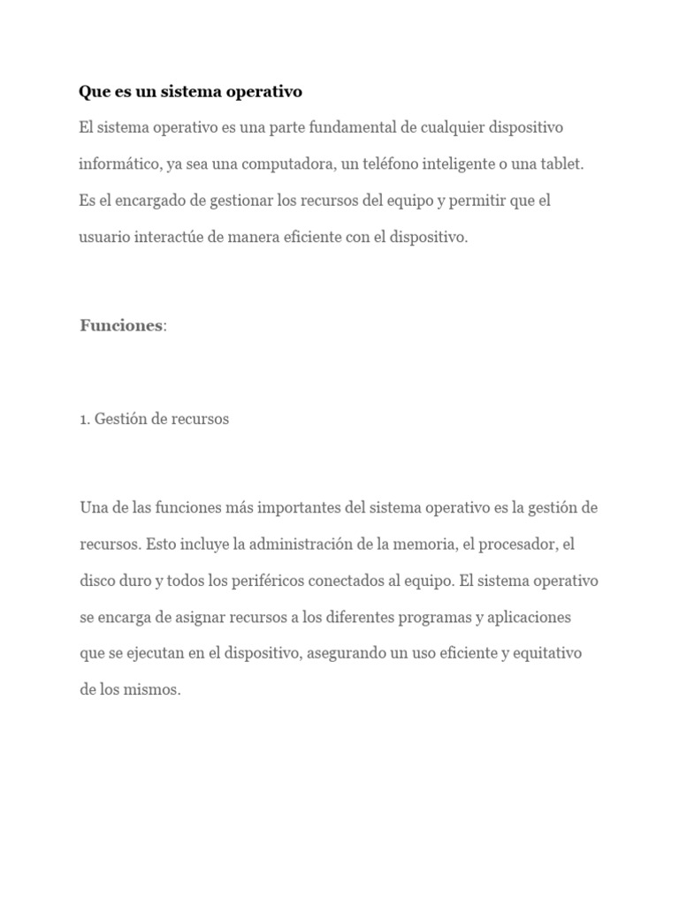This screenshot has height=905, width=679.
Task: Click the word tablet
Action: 561,164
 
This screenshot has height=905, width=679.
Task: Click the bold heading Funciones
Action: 121,325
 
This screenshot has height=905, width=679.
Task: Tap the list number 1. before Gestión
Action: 85,419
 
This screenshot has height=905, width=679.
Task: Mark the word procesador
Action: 516,544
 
